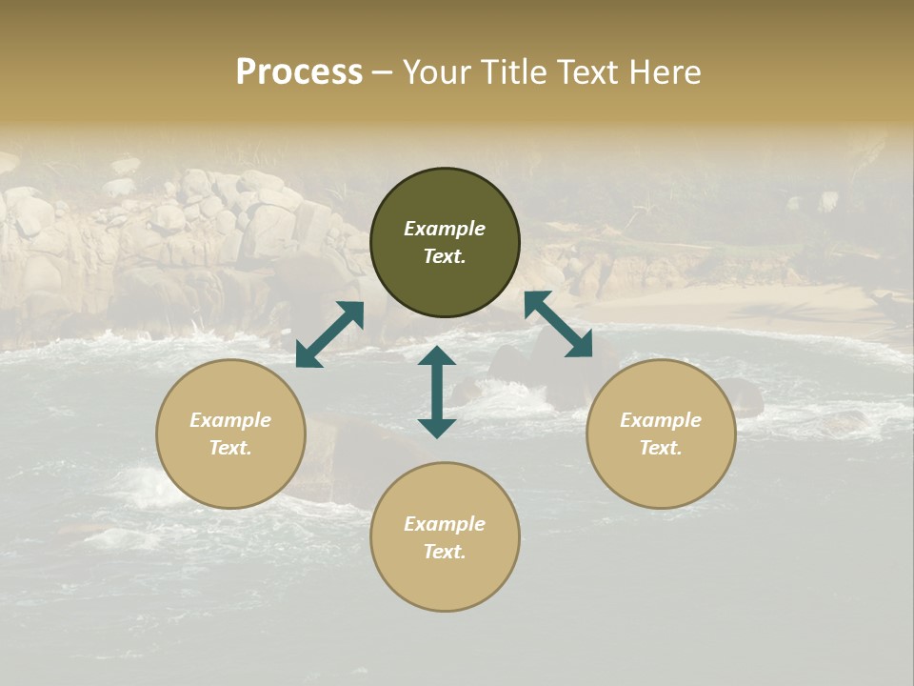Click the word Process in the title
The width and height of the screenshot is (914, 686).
click(299, 72)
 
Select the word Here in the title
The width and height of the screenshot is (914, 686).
click(665, 72)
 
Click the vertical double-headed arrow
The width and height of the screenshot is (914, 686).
click(437, 392)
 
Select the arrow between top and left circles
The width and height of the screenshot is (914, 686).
click(329, 333)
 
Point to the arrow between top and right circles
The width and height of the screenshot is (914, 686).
click(558, 324)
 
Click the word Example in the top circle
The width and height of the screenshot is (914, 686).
click(445, 229)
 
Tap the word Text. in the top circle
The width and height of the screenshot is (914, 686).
click(445, 256)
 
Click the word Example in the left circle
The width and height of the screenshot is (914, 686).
click(230, 420)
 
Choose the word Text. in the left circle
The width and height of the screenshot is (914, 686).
click(230, 448)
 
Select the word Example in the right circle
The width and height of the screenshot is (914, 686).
click(661, 420)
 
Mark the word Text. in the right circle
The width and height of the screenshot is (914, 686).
click(661, 448)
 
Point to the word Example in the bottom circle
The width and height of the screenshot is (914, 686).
click(445, 524)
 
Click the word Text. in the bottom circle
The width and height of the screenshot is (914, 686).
click(445, 552)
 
